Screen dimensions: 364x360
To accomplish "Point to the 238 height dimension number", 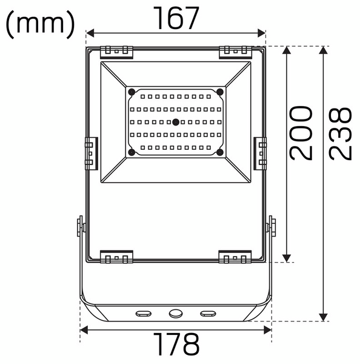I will [x=341, y=133].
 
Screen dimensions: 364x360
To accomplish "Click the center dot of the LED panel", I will [x=175, y=122].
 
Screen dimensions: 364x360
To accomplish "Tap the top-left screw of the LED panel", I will [x=131, y=92].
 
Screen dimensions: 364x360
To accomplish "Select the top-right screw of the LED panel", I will [x=220, y=92].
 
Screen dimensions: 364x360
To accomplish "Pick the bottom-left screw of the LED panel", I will [x=131, y=152].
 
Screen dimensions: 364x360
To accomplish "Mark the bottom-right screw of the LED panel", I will [x=220, y=152].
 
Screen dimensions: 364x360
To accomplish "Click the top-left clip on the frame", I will [x=116, y=52].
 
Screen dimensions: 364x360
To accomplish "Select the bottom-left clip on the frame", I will [x=116, y=257].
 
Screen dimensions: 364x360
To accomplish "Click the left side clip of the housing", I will [x=90, y=153].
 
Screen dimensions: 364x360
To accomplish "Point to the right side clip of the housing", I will [x=261, y=153].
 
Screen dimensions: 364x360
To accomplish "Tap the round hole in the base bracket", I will [x=176, y=313].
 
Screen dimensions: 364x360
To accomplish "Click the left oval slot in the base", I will [x=144, y=313].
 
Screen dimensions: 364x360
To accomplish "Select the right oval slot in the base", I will [x=207, y=313].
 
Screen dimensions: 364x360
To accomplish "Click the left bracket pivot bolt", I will [x=79, y=226].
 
